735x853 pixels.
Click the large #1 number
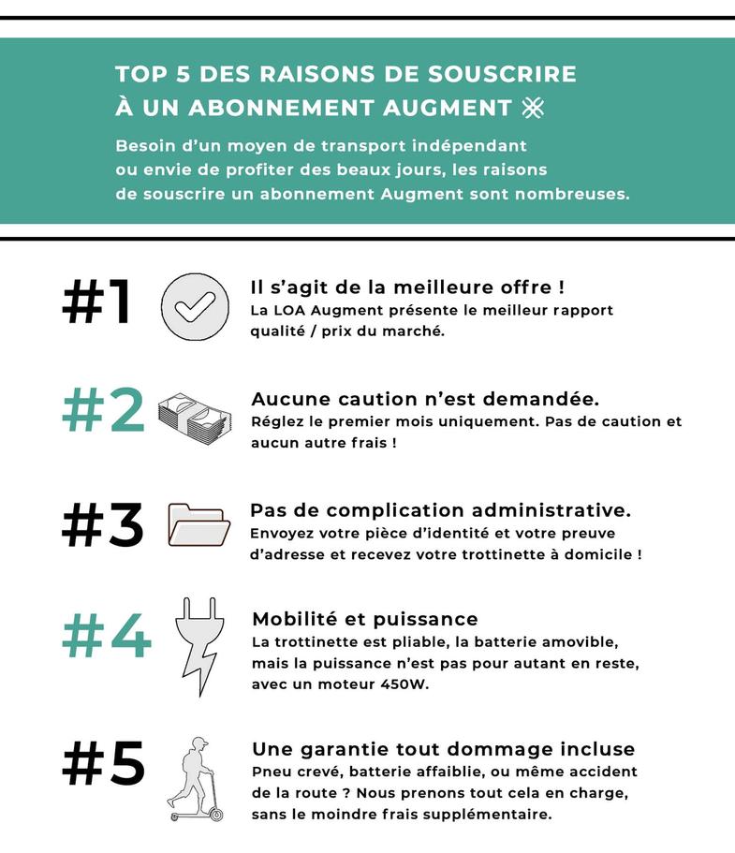96,301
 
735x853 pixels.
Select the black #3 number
103,523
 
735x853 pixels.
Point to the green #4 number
107,636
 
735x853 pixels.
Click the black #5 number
103,763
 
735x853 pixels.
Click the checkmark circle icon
195,307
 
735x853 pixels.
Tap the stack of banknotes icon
194,419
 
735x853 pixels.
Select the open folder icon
198,525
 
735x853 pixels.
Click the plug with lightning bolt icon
199,646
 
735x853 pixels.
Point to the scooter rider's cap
199,742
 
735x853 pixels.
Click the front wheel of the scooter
216,815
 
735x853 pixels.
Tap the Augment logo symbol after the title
533,107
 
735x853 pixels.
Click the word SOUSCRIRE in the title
502,74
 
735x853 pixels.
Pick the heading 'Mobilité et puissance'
365,619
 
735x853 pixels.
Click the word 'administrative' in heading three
551,510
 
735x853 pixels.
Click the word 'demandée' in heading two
541,399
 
